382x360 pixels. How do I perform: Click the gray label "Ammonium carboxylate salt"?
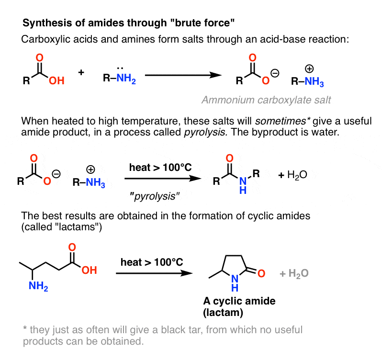point(266,100)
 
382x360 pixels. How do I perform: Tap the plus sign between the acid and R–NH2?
point(81,72)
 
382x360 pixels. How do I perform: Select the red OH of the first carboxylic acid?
point(56,80)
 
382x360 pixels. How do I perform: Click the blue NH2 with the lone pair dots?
point(126,78)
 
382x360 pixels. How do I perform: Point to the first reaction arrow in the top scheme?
point(183,75)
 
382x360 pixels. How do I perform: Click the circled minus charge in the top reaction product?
point(275,73)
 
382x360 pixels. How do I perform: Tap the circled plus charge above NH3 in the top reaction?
point(309,68)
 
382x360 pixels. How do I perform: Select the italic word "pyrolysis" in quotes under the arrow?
point(155,196)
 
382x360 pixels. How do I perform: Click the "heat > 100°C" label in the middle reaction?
point(160,168)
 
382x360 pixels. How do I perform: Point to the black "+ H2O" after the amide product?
point(292,175)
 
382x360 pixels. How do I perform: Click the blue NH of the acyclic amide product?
point(243,185)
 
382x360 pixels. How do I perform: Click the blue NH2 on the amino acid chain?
point(38,286)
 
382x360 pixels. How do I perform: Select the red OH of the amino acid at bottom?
point(89,270)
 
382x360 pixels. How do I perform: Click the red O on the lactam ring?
point(261,273)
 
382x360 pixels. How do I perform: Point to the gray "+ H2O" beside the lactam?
point(294,273)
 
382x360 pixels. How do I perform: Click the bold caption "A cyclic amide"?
point(239,301)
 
